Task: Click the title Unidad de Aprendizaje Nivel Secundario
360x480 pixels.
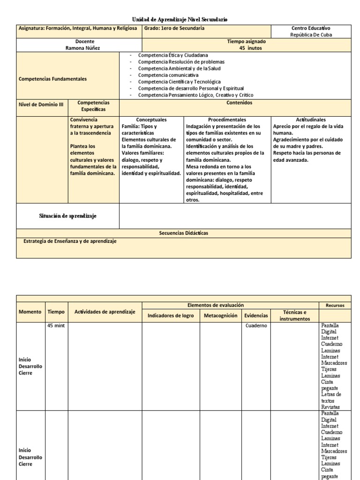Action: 180,19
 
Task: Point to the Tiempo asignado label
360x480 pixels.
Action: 246,41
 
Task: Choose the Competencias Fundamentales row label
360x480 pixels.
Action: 52,79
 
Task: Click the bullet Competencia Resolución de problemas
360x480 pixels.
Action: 181,61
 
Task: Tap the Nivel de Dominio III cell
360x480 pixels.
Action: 41,105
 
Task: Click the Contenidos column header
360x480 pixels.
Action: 239,102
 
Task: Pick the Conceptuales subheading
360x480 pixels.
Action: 151,120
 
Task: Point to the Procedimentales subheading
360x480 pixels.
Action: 227,120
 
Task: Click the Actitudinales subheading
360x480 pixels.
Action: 310,120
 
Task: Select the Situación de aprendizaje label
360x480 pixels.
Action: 68,216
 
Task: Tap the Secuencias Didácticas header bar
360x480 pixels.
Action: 183,233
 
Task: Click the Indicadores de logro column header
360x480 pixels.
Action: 171,315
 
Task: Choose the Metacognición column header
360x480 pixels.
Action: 220,315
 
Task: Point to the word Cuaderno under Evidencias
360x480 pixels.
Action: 256,325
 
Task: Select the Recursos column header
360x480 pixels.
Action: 335,305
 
